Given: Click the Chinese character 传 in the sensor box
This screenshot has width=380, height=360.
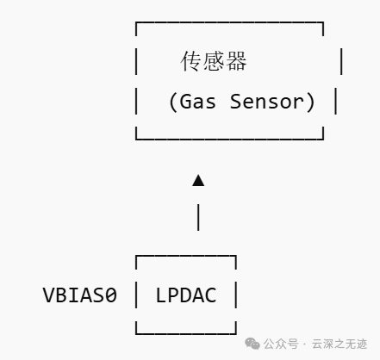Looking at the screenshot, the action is pos(190,61).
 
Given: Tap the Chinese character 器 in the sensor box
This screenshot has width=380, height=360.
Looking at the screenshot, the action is pos(236,61).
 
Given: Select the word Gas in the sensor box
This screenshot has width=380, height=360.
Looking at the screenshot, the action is pos(197,102).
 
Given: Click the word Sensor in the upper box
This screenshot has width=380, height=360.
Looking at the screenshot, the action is pos(267,102).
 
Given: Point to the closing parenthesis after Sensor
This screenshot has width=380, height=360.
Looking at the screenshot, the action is pos(311,102).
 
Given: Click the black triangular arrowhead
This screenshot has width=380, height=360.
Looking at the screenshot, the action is pos(198,180).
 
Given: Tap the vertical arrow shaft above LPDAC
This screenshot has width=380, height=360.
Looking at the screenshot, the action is pos(198,217).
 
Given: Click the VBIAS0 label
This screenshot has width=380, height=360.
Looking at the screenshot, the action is pos(80,295).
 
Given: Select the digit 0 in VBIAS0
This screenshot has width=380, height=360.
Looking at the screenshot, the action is pos(111,295).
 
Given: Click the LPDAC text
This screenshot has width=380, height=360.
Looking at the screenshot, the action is pos(186,295).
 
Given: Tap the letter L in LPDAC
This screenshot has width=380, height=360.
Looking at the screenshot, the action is pos(160,295).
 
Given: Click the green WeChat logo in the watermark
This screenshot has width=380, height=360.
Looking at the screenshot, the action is pos(252,344).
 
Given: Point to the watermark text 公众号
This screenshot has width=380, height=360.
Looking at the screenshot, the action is pos(281,344).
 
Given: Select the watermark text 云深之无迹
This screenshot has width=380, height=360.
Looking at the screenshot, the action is pos(340,344).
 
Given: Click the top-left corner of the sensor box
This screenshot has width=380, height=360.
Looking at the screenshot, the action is pos(136,22).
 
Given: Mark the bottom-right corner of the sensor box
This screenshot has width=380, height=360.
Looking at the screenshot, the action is pos(323,140).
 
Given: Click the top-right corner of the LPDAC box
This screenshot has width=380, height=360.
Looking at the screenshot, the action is pos(236,256).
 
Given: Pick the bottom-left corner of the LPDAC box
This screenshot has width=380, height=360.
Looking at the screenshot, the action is pos(136,333).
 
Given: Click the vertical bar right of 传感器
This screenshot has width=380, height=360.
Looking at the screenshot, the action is pos(341,61).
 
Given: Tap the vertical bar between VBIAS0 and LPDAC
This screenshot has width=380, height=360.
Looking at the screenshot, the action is pos(136,295).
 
